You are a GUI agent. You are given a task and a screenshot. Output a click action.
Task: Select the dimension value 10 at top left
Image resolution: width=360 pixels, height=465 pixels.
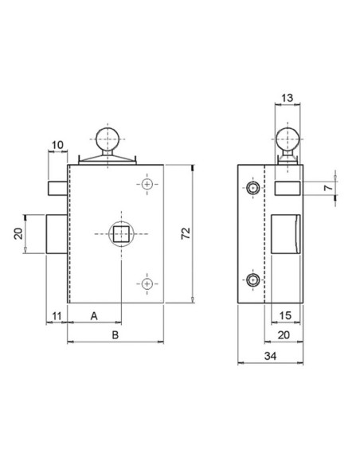(57, 144)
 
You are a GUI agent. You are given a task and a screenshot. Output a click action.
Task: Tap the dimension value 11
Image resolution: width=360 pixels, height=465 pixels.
(56, 316)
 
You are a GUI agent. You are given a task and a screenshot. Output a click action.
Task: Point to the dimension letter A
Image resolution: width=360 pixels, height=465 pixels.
(94, 316)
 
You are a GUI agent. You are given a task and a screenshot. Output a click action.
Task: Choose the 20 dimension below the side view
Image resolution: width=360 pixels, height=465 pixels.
(283, 335)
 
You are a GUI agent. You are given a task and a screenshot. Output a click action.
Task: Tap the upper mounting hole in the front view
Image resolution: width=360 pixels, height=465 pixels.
(147, 185)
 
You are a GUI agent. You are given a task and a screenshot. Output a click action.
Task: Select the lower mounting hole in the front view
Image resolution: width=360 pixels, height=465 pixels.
(147, 282)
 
